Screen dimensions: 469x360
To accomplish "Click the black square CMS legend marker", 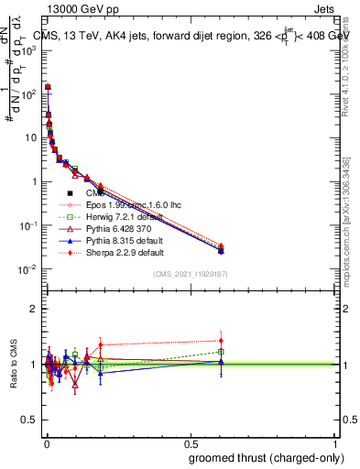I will [x=71, y=193].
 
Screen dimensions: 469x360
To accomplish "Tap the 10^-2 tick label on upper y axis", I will [x=30, y=269].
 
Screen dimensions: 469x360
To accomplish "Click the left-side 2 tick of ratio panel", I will [x=36, y=310].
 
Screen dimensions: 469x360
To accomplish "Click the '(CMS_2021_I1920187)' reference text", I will [x=190, y=273].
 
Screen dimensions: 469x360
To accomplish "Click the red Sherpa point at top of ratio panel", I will [x=221, y=341].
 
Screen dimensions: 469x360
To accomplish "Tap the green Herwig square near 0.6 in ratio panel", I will [x=221, y=352].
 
